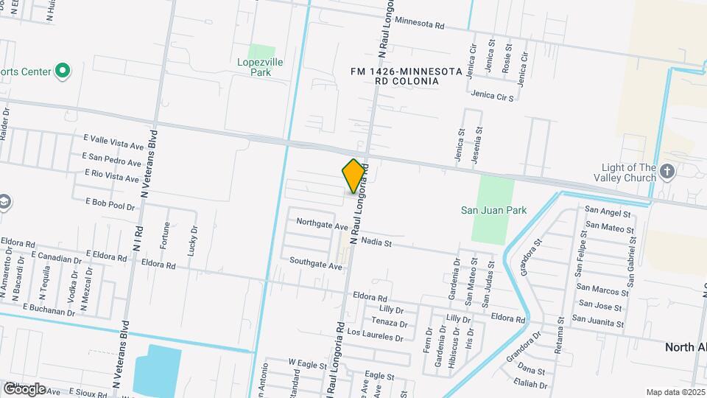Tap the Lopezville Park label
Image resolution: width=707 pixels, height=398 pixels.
(x=260, y=68)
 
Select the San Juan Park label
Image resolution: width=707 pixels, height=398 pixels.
(x=494, y=210)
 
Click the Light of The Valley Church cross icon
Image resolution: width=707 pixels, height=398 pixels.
(x=667, y=172)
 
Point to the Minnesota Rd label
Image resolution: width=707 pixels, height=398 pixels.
(x=420, y=24)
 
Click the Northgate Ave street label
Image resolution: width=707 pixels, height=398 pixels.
(x=321, y=223)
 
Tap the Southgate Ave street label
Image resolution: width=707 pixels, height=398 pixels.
(x=315, y=263)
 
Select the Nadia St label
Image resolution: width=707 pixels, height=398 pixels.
(x=376, y=242)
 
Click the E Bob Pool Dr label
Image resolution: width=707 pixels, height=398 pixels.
(x=110, y=203)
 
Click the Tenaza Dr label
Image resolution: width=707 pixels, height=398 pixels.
(x=389, y=323)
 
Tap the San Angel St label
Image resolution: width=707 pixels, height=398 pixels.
(x=608, y=212)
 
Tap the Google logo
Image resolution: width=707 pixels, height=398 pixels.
(x=24, y=388)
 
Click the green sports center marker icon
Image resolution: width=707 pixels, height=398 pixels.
(x=63, y=71)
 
